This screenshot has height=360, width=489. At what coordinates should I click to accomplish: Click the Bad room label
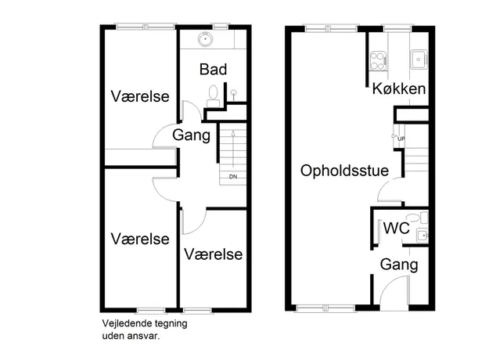(x=213, y=69)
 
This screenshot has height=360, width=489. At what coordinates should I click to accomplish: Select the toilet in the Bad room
(x=214, y=96)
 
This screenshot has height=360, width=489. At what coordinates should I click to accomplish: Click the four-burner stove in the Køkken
(x=378, y=60)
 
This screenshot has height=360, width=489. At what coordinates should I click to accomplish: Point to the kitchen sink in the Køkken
(x=419, y=59)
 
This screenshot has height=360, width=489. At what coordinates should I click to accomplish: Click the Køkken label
(x=399, y=88)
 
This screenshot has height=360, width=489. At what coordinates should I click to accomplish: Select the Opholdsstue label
(x=344, y=171)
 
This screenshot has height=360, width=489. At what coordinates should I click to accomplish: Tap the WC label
(x=397, y=228)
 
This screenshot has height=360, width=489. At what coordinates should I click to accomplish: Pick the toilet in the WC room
(x=417, y=218)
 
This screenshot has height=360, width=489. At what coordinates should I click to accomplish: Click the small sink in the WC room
(x=422, y=236)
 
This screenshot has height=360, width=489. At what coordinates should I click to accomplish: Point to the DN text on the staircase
(x=233, y=177)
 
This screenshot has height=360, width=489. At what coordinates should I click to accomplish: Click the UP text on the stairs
(x=401, y=139)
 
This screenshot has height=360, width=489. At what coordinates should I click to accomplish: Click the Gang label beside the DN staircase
(x=192, y=135)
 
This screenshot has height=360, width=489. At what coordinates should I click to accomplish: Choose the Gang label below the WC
(x=399, y=265)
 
